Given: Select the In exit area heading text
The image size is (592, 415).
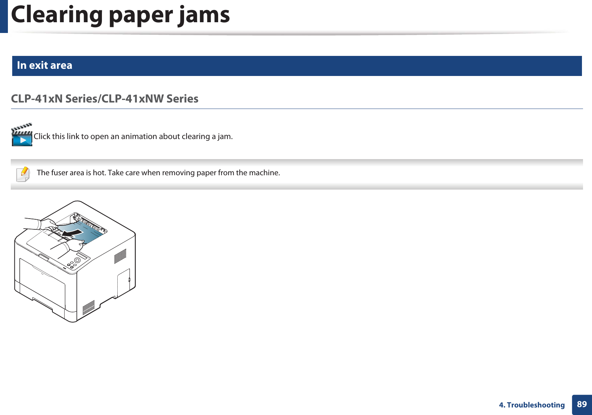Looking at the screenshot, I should (x=44, y=65).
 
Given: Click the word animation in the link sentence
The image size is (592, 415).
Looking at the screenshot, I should (x=140, y=137).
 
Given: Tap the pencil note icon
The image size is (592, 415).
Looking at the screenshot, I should (x=23, y=174).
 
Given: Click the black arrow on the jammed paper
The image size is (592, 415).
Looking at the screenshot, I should (x=72, y=234).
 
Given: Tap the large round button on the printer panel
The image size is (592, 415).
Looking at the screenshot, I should (x=77, y=260).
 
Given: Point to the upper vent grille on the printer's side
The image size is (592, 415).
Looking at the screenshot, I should (x=120, y=256).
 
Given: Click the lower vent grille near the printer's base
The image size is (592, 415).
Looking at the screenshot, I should (x=88, y=307).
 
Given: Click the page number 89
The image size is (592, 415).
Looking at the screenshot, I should (x=582, y=404).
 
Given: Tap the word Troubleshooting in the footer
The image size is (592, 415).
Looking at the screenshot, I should (x=536, y=405).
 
